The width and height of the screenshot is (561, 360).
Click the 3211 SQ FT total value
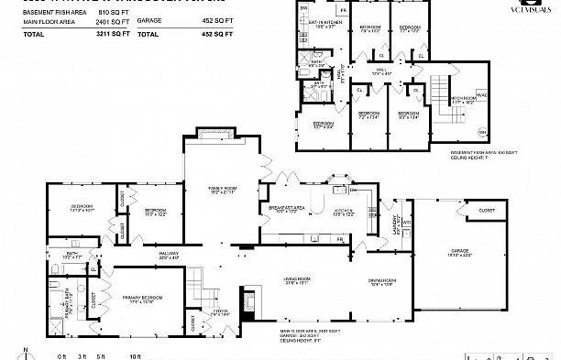click(x=113, y=34)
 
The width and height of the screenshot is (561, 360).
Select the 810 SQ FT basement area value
click(x=113, y=12)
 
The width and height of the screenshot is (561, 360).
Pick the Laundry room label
click(x=396, y=222)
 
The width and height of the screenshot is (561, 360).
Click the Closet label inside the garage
click(x=486, y=212)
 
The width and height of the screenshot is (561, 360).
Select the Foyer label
click(x=221, y=311)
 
